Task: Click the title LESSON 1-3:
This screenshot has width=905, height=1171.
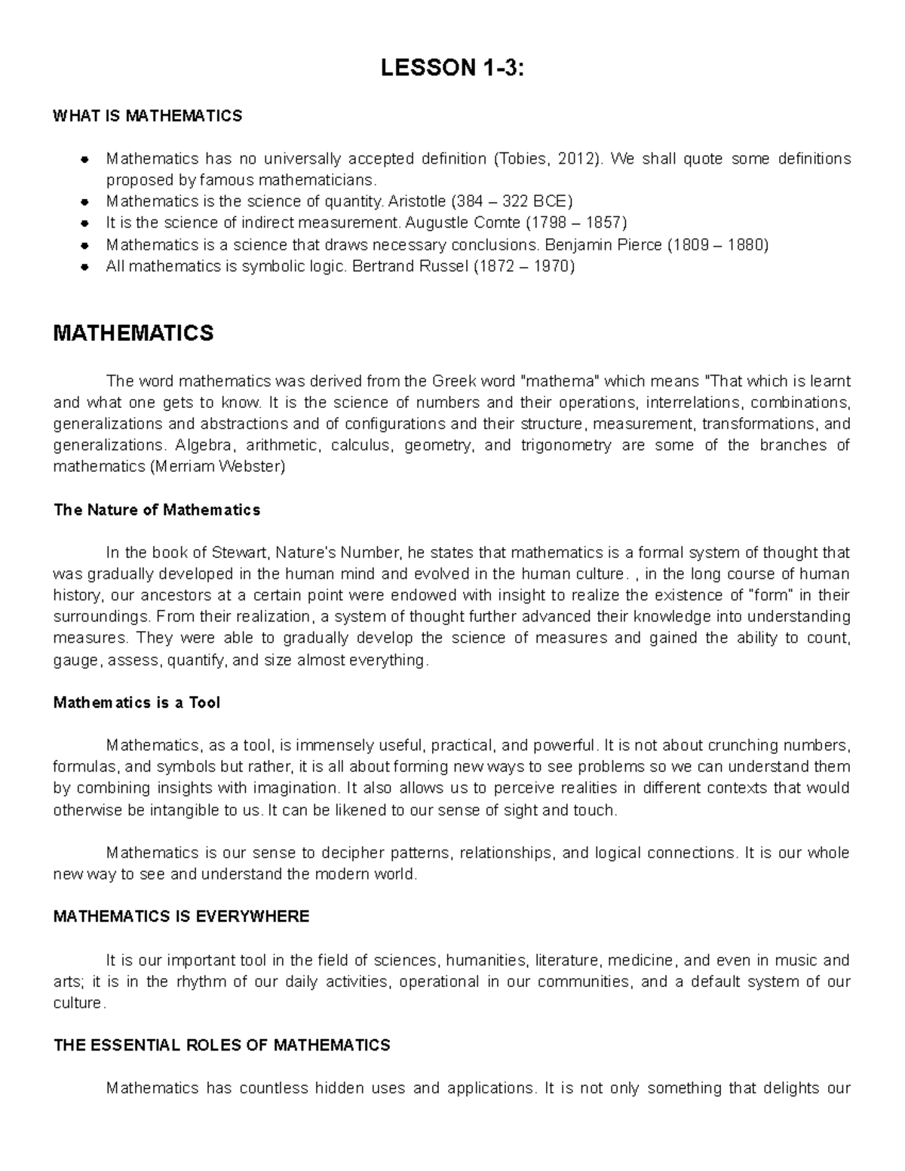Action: click(452, 69)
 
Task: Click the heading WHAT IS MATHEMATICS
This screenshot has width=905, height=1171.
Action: click(148, 116)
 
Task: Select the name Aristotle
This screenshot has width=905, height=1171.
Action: click(416, 202)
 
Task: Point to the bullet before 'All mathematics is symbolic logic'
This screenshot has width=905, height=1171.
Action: click(85, 267)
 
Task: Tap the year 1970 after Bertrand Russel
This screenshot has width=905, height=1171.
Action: click(550, 266)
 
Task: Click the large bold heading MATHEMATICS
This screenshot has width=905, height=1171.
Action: click(133, 333)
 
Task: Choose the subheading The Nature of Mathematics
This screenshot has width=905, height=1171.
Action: click(157, 510)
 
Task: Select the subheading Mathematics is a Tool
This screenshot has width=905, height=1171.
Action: click(137, 703)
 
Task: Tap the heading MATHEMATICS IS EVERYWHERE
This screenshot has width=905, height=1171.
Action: click(181, 917)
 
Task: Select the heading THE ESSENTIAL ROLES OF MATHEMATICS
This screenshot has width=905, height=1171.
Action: click(222, 1046)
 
